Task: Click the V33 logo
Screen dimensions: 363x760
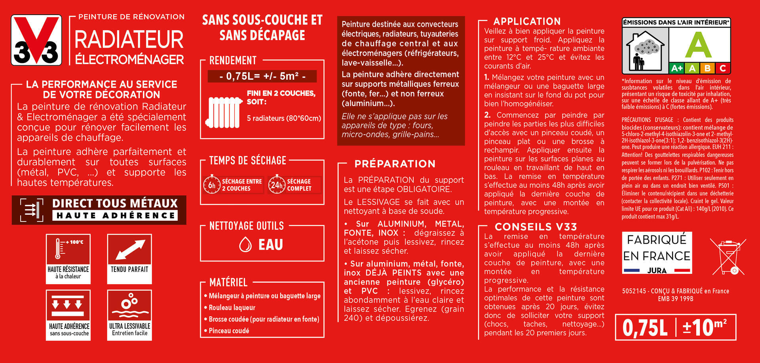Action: click(x=36, y=40)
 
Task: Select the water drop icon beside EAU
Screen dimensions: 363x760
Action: click(x=245, y=244)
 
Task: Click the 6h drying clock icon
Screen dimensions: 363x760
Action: click(x=212, y=185)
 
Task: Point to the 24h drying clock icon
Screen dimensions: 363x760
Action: click(x=277, y=185)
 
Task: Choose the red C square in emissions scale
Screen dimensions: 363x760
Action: click(x=723, y=68)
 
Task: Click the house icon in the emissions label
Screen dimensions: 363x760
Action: click(x=645, y=51)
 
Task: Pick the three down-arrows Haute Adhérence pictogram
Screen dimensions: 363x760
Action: click(x=68, y=305)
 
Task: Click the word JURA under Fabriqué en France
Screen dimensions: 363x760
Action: click(x=657, y=271)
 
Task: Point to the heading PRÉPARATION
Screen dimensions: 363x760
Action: click(x=395, y=164)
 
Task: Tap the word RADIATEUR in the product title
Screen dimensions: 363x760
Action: click(x=129, y=40)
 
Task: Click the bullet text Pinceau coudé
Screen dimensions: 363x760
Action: click(x=229, y=331)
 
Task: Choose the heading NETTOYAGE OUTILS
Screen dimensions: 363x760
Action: click(x=246, y=226)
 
